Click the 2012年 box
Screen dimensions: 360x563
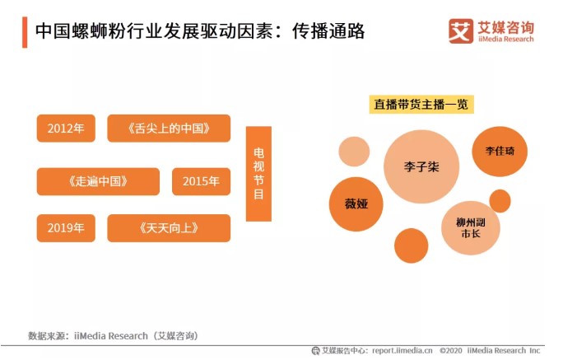(x=66, y=129)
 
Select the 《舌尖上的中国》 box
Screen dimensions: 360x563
(x=169, y=129)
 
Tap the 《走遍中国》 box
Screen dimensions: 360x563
(x=98, y=181)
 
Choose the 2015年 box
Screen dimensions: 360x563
(x=201, y=181)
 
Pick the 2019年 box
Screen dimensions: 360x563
(x=66, y=227)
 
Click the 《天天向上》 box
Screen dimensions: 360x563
(x=169, y=227)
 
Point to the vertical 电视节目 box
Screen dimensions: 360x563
(x=258, y=174)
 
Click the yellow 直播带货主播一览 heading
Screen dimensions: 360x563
(x=421, y=105)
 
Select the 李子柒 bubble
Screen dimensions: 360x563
(x=421, y=167)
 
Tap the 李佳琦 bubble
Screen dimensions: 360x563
(x=500, y=152)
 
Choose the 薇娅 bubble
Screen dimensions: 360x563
(x=356, y=203)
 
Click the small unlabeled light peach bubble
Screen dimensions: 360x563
(x=354, y=152)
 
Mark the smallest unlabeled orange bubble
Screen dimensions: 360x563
(x=500, y=200)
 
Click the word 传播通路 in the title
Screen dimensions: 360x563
(x=328, y=32)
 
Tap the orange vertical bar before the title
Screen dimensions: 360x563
(x=24, y=31)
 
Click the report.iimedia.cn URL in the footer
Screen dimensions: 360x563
(x=402, y=350)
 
